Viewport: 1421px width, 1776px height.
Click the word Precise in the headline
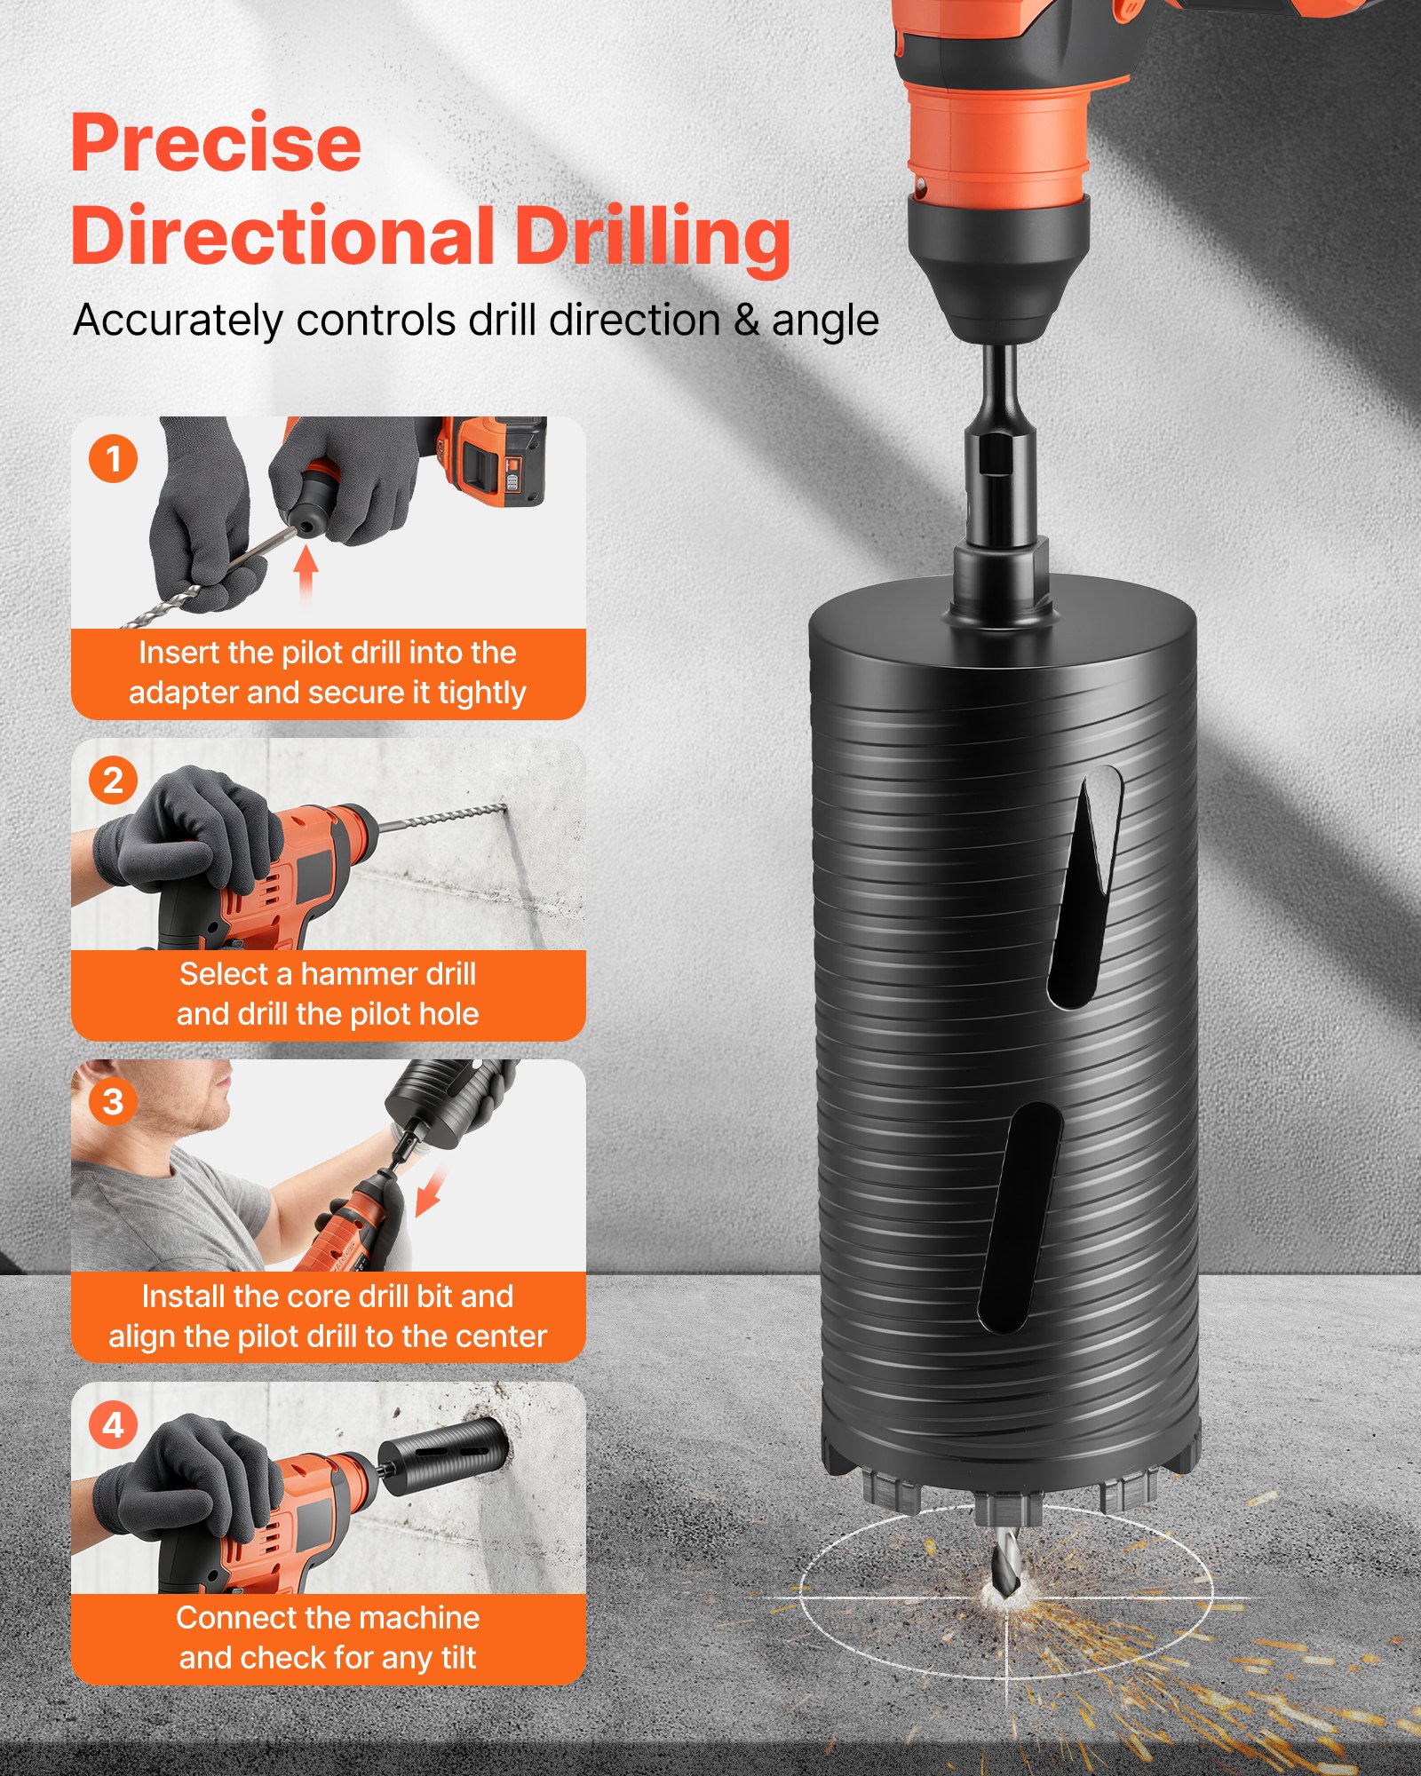point(216,144)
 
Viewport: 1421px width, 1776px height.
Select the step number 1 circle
point(113,459)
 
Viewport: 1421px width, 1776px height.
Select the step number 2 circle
point(113,781)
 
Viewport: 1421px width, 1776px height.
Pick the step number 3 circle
point(113,1102)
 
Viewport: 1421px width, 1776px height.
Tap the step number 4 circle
point(113,1425)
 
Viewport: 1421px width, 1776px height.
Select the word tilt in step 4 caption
point(454,1658)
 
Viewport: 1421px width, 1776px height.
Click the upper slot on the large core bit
point(1085,888)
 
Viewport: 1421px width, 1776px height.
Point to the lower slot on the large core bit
point(1020,1217)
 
